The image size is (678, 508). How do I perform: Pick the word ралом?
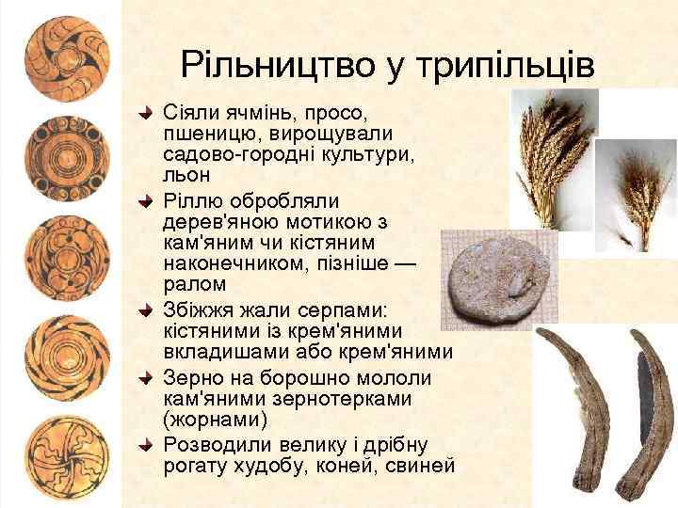[193, 283]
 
